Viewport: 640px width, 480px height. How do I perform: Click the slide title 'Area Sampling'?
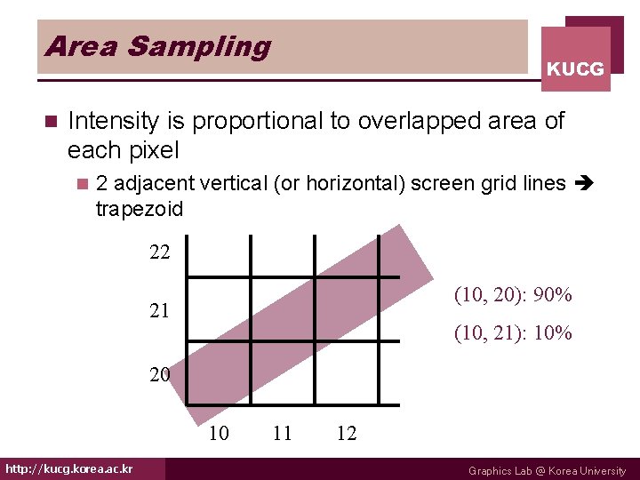pyautogui.click(x=157, y=46)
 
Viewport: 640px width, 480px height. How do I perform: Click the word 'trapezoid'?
pyautogui.click(x=139, y=210)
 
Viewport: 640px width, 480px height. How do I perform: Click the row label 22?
pyautogui.click(x=160, y=252)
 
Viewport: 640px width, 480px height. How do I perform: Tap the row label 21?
pyautogui.click(x=160, y=311)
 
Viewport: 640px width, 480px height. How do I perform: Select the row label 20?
pyautogui.click(x=160, y=374)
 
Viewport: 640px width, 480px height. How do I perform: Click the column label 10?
pyautogui.click(x=218, y=433)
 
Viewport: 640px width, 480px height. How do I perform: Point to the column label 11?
pyautogui.click(x=283, y=433)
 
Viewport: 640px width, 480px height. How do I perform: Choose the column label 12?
pyautogui.click(x=347, y=433)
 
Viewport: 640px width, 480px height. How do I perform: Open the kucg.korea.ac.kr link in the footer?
pyautogui.click(x=69, y=468)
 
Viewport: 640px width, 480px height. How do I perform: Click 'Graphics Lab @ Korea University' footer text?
pyautogui.click(x=547, y=471)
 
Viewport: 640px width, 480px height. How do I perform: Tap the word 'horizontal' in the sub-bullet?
pyautogui.click(x=348, y=183)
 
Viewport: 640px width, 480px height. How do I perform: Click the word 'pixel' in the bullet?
pyautogui.click(x=152, y=149)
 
